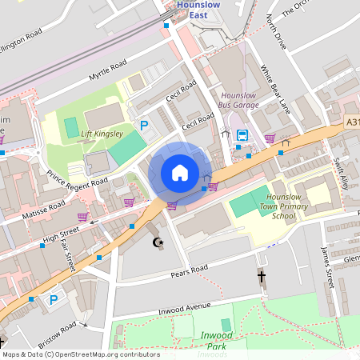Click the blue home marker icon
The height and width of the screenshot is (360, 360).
180,173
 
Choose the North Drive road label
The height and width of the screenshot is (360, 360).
276,33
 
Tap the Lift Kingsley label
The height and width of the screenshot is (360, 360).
102,134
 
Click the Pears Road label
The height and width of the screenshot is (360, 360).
190,272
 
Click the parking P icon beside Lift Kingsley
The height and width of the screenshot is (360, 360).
145,125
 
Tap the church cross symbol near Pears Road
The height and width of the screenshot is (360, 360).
261,276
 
